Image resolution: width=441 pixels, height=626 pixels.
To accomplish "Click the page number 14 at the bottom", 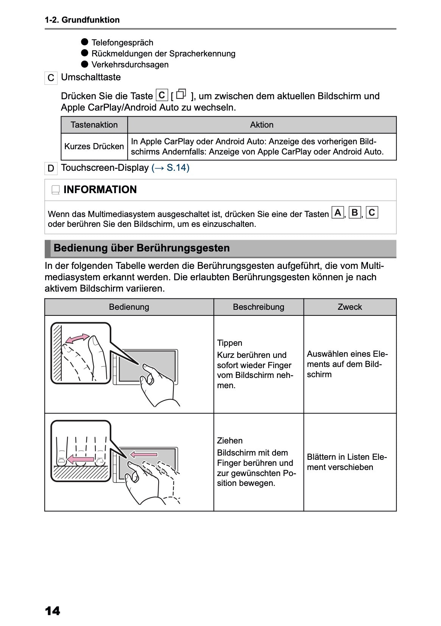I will pos(52,611).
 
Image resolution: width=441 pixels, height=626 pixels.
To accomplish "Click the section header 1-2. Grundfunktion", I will pos(82,20).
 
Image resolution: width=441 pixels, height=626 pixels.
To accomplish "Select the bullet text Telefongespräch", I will pos(122,42).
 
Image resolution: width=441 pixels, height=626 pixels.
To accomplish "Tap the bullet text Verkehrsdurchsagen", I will pos(130,64).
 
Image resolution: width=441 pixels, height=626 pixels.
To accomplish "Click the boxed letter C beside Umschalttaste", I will pos(51,78).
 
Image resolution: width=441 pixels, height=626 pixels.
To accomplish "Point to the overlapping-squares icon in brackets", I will pos(181,94).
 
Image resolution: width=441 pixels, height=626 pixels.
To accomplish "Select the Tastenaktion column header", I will pos(94,125).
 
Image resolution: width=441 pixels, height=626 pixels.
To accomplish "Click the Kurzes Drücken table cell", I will pos(94,146).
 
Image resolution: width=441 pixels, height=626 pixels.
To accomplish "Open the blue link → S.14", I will pos(170,167).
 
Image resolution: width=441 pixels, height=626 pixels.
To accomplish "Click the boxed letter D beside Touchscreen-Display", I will pos(51,168).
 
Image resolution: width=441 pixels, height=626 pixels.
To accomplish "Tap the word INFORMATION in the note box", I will pos(100,189).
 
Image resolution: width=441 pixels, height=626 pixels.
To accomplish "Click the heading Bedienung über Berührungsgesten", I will pos(142,248).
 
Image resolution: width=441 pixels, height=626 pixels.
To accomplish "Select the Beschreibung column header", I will pos(259,307).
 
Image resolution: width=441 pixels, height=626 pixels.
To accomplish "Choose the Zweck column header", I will pos(350,307).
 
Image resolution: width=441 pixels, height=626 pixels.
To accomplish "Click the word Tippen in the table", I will pos(229,343).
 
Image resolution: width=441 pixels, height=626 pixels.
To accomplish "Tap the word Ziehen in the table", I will pos(230,440).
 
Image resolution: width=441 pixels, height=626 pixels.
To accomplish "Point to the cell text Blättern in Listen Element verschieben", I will pos(347,462).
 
